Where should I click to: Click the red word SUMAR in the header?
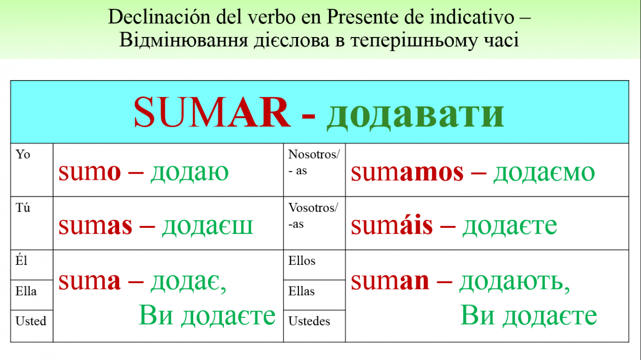click(212, 112)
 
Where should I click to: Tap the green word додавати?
click(416, 114)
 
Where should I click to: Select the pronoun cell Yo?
click(23, 154)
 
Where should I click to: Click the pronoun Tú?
click(23, 207)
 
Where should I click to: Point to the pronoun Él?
click(21, 260)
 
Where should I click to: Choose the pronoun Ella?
click(26, 291)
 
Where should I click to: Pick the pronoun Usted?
click(31, 321)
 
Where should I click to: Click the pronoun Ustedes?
click(309, 321)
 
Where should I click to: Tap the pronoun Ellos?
click(302, 261)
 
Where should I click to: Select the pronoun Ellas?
click(301, 291)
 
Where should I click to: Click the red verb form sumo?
click(90, 172)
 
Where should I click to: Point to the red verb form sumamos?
click(407, 172)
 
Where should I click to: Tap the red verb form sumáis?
click(392, 225)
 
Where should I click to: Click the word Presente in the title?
click(363, 17)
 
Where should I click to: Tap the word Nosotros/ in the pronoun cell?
click(314, 154)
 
